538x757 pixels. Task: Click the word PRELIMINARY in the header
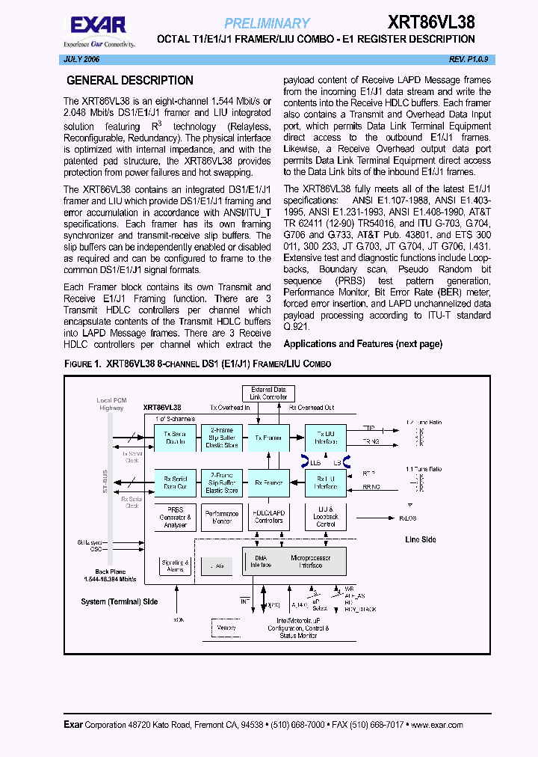pyautogui.click(x=267, y=23)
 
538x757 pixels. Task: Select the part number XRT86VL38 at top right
pyautogui.click(x=431, y=22)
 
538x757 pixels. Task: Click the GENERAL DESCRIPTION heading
pyautogui.click(x=130, y=81)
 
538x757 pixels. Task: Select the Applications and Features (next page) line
pyautogui.click(x=362, y=344)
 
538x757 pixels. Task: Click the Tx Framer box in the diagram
pyautogui.click(x=268, y=438)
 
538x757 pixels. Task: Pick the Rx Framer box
pyautogui.click(x=268, y=482)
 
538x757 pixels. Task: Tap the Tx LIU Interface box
pyautogui.click(x=326, y=438)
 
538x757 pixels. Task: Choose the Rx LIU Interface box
pyautogui.click(x=326, y=482)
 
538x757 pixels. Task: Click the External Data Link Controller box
pyautogui.click(x=268, y=393)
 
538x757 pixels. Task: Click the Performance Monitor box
pyautogui.click(x=222, y=517)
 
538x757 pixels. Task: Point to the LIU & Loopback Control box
pyautogui.click(x=326, y=517)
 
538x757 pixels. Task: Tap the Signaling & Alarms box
pyautogui.click(x=176, y=566)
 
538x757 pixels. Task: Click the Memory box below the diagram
pyautogui.click(x=226, y=628)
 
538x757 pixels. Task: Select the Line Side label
pyautogui.click(x=420, y=539)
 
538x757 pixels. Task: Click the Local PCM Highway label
pyautogui.click(x=111, y=404)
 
